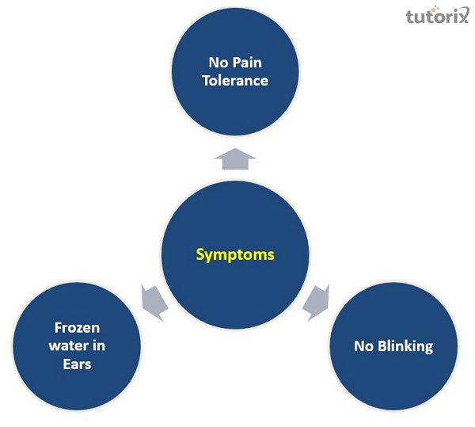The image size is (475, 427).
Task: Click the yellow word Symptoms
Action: point(235,255)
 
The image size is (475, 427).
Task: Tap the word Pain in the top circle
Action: point(251,62)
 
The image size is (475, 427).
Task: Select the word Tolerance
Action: point(235,80)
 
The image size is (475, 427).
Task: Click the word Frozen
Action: point(77,326)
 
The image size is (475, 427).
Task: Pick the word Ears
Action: point(77,364)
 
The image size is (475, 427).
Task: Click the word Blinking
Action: point(405,346)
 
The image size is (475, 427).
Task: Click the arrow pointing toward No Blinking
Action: point(318,299)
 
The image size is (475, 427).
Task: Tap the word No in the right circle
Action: point(363,346)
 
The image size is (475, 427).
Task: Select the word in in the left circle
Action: point(97,345)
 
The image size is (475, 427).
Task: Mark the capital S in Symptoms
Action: point(200,255)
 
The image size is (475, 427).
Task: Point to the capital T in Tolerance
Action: point(206,80)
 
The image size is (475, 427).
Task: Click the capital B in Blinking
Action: point(382,346)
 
